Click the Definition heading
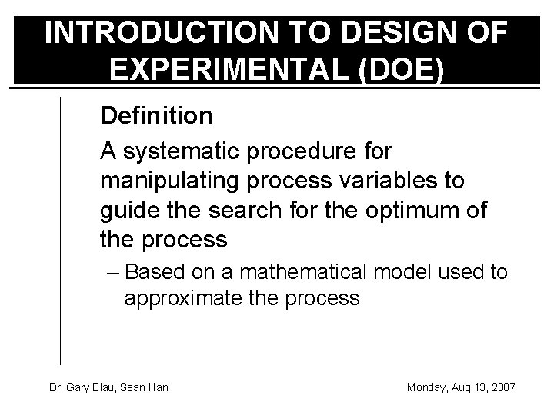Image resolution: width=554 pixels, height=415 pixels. (x=156, y=116)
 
